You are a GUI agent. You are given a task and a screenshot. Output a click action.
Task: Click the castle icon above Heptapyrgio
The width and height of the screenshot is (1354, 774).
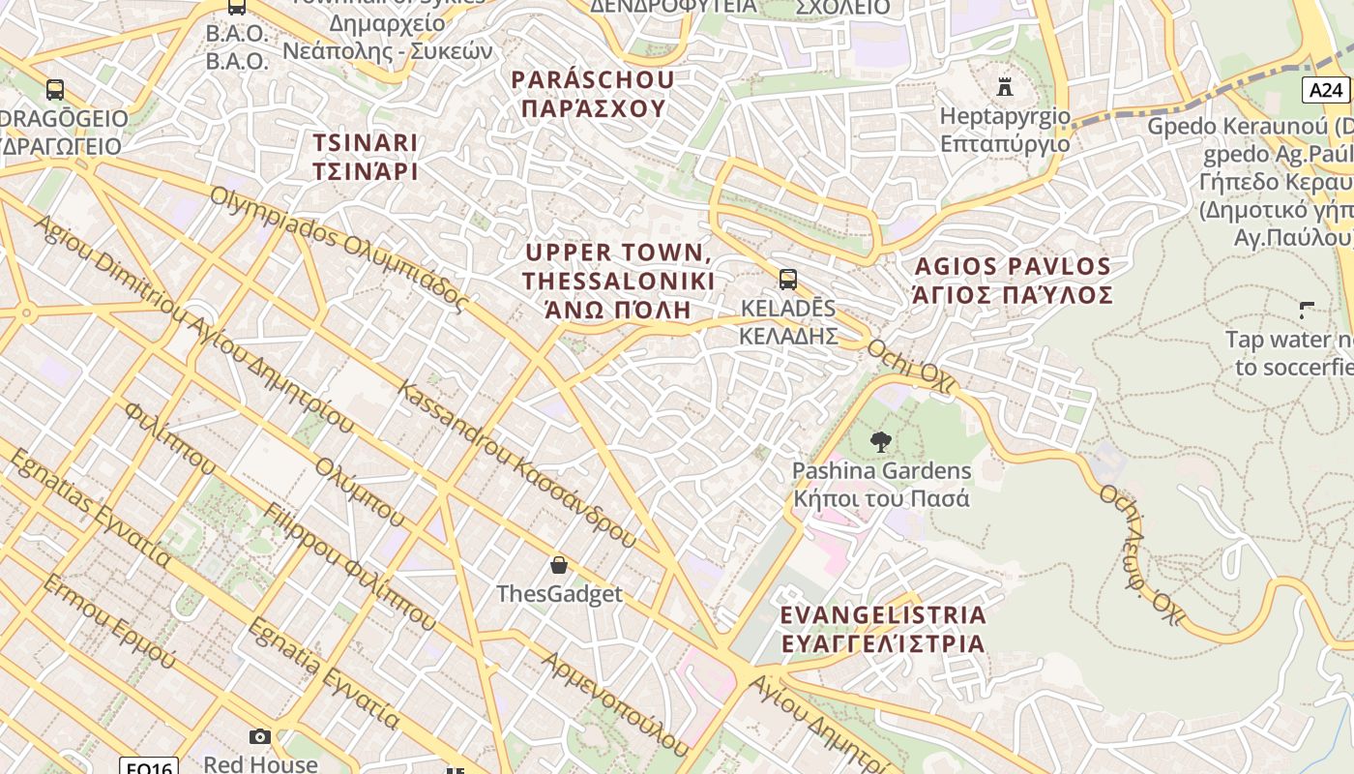pyautogui.click(x=1005, y=88)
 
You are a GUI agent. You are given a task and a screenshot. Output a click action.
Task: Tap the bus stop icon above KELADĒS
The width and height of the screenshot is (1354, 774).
pyautogui.click(x=788, y=281)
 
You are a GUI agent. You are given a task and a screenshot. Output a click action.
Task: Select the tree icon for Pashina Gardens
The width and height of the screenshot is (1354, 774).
pyautogui.click(x=880, y=443)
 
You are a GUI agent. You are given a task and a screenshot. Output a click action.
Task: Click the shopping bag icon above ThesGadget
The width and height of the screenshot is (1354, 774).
pyautogui.click(x=558, y=565)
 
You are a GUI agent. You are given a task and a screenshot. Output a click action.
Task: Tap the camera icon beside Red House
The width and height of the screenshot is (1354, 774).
pyautogui.click(x=259, y=737)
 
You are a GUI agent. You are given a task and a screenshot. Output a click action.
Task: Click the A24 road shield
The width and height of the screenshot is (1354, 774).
pyautogui.click(x=1325, y=90)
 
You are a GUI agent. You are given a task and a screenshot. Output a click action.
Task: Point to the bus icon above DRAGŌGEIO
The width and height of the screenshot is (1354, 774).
pyautogui.click(x=55, y=90)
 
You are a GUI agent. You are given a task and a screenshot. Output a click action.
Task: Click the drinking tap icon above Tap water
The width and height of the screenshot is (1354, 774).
pyautogui.click(x=1307, y=311)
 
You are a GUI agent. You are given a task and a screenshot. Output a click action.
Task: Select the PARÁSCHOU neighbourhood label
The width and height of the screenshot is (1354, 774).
pyautogui.click(x=593, y=79)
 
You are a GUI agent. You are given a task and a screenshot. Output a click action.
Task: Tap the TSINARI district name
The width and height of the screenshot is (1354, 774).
pyautogui.click(x=366, y=143)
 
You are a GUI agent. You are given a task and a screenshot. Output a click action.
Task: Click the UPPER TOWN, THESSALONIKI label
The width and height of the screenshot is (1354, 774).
pyautogui.click(x=619, y=267)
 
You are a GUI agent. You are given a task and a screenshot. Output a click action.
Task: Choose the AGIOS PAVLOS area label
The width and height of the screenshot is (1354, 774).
pyautogui.click(x=1013, y=266)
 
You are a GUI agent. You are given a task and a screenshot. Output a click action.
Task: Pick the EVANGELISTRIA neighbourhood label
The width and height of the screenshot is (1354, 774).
pyautogui.click(x=883, y=615)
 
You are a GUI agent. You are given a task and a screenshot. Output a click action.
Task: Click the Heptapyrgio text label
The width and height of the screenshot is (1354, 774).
pyautogui.click(x=1005, y=117)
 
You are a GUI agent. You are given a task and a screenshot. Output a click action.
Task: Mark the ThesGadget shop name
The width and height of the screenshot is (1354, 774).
pyautogui.click(x=559, y=593)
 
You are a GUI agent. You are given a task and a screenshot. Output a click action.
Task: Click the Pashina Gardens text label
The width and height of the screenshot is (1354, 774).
pyautogui.click(x=881, y=471)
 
